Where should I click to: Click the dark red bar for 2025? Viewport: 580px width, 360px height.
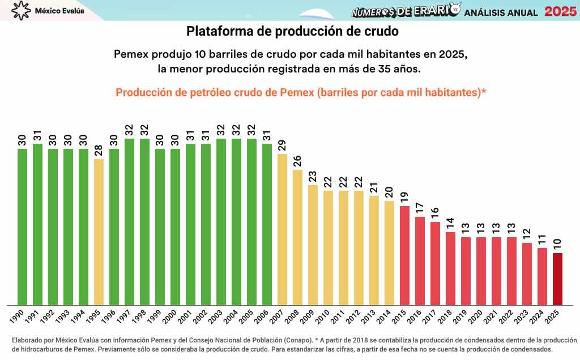pos(558,278)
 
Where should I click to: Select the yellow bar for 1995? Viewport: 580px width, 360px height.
pos(99,232)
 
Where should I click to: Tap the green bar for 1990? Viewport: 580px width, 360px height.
pos(23,226)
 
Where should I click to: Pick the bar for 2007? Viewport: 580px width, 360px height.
pos(283,229)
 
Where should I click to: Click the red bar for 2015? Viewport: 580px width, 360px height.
pos(405,255)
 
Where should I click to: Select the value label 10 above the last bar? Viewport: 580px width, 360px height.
pos(558,244)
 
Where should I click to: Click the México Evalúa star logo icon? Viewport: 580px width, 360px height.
pos(21,10)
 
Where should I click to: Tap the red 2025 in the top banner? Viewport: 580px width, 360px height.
pos(560,11)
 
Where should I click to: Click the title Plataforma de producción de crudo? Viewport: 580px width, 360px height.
pos(292,31)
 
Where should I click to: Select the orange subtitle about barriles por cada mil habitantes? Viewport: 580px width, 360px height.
pos(301,93)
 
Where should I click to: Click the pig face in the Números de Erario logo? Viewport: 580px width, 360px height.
pos(454,10)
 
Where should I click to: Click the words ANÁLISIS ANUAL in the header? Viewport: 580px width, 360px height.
pos(501,12)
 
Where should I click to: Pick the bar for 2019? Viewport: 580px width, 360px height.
pos(466,271)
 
